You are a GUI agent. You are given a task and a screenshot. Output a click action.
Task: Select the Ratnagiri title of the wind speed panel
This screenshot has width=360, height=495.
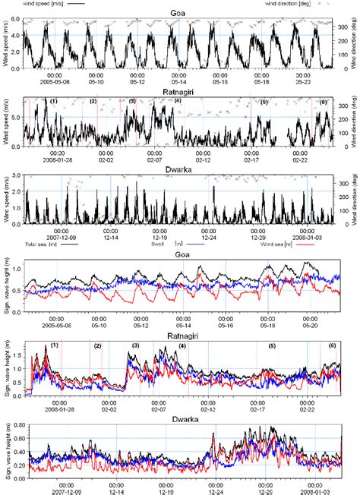[x=180, y=92]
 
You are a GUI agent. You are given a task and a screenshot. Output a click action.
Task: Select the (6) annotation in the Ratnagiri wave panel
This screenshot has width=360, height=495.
[x=332, y=345]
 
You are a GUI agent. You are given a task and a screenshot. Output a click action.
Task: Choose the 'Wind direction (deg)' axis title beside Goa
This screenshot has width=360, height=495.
[x=353, y=44]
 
